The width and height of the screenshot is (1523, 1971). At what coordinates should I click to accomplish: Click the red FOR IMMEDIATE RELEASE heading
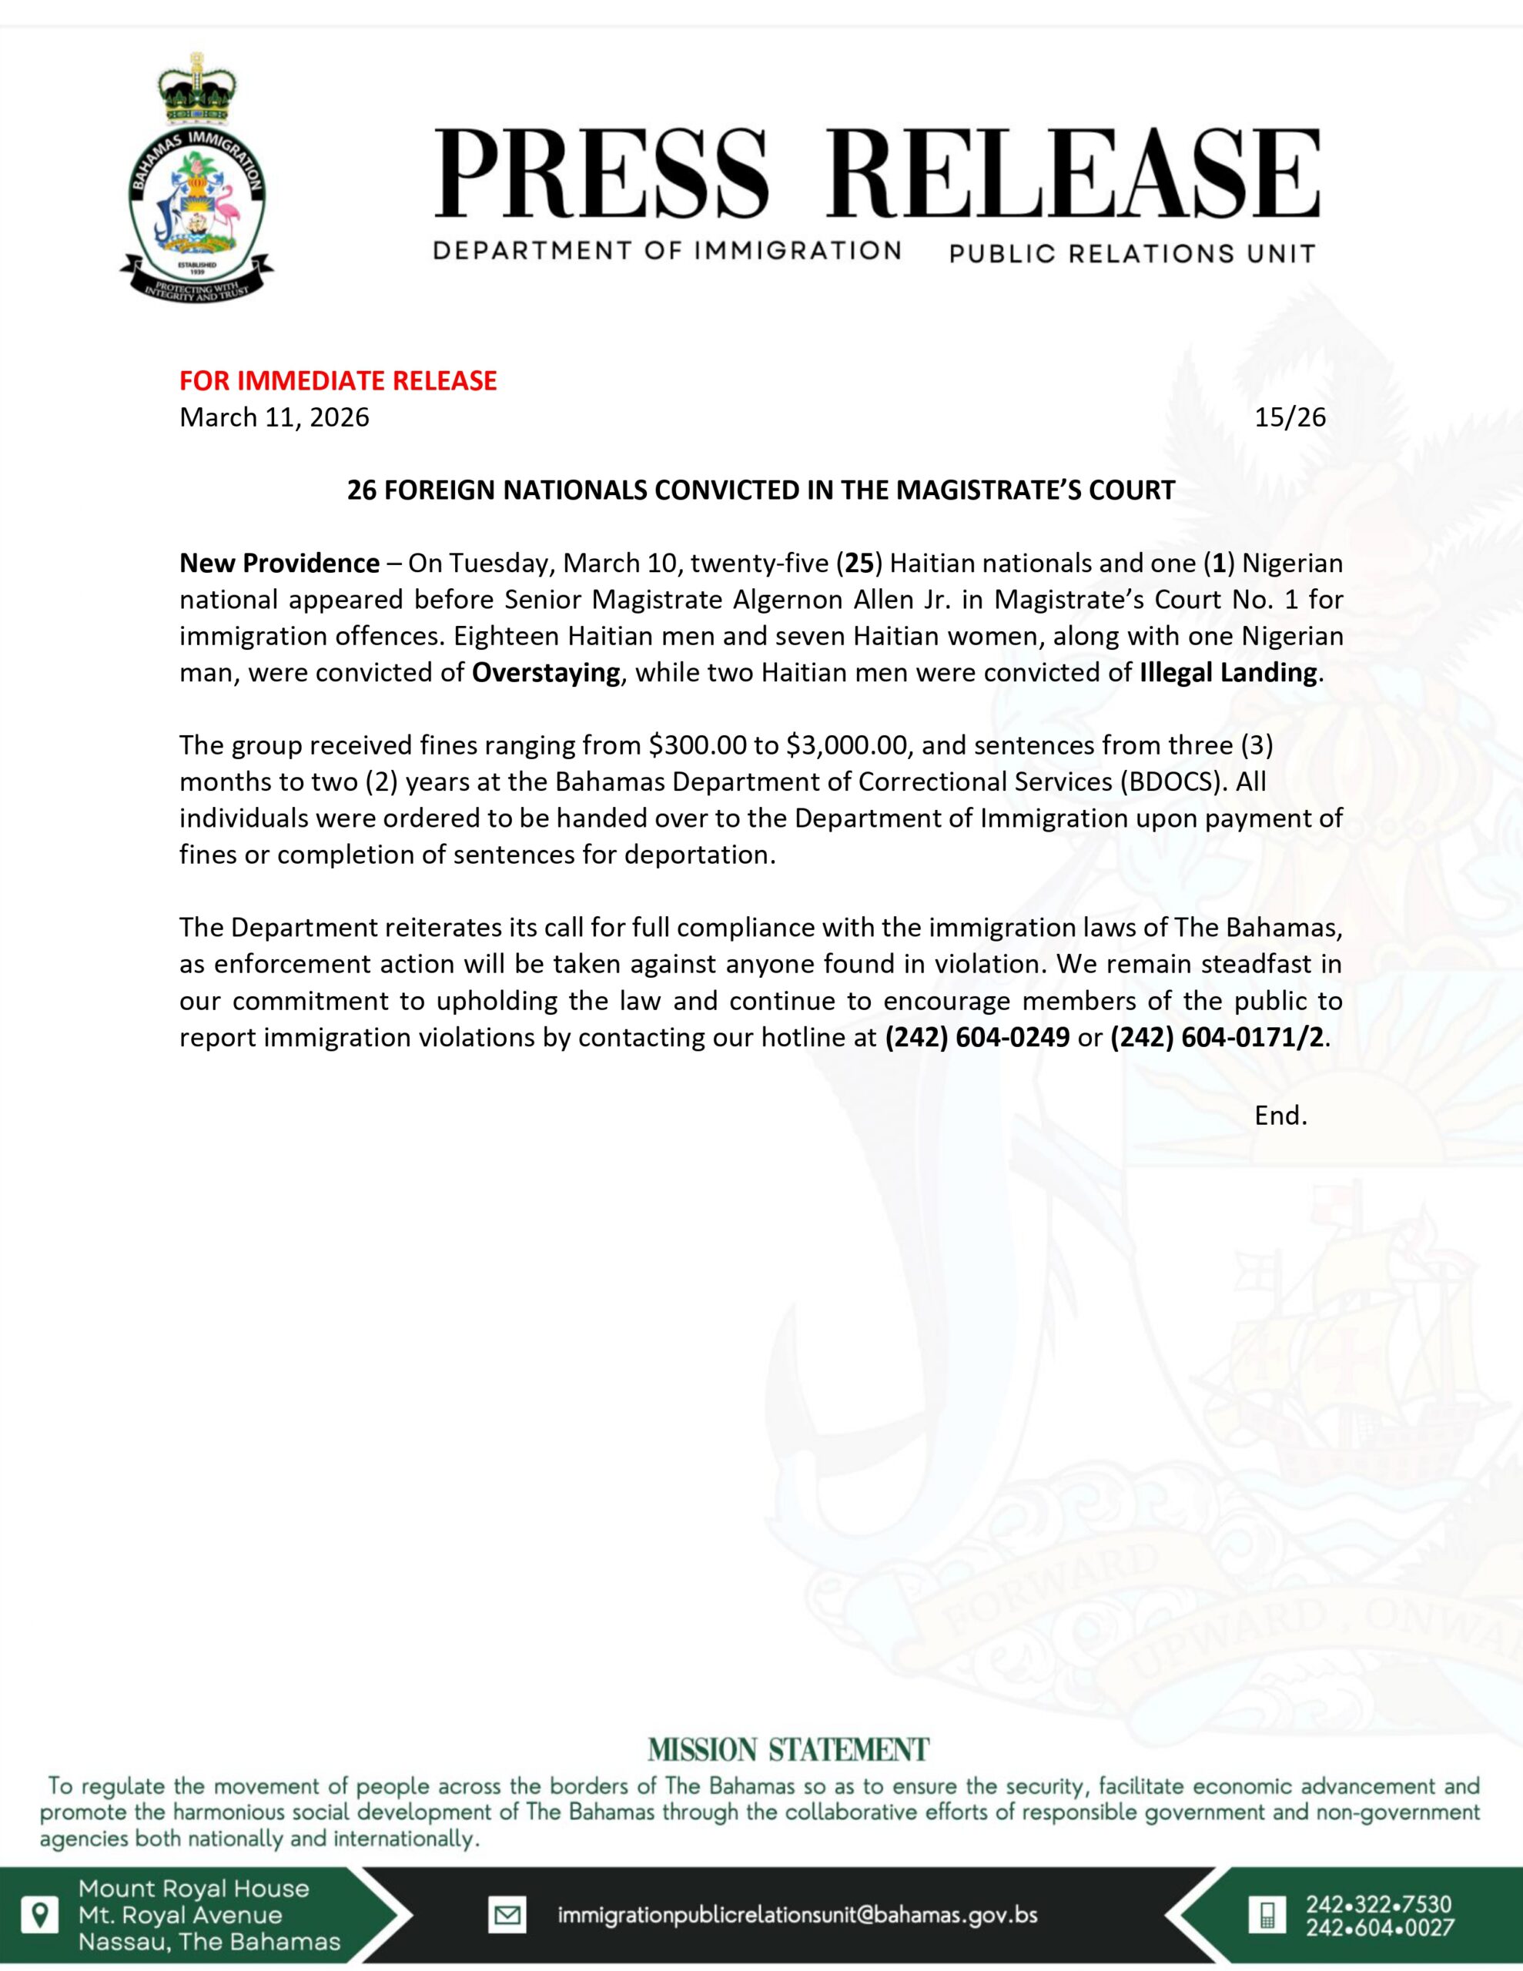[338, 381]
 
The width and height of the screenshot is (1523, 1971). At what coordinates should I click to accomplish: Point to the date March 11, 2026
[274, 417]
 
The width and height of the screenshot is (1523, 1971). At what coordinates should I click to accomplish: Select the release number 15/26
[1290, 417]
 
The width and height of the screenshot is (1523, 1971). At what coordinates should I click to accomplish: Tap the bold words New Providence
[279, 563]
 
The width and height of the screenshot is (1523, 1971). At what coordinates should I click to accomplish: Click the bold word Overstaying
[546, 672]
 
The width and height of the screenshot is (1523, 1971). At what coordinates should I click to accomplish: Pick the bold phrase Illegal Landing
[1228, 672]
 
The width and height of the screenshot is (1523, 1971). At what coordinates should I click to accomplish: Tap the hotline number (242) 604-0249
[978, 1037]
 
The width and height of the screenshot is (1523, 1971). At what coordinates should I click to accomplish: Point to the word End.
[1280, 1116]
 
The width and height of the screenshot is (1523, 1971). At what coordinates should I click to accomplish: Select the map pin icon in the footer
[40, 1915]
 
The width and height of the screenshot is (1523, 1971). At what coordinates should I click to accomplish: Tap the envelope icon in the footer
[508, 1915]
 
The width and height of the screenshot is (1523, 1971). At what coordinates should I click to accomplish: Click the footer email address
[797, 1915]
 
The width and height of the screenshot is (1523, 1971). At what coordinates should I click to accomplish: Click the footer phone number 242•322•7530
[1378, 1903]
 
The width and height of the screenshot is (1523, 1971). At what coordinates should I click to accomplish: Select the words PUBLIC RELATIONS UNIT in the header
[1132, 253]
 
